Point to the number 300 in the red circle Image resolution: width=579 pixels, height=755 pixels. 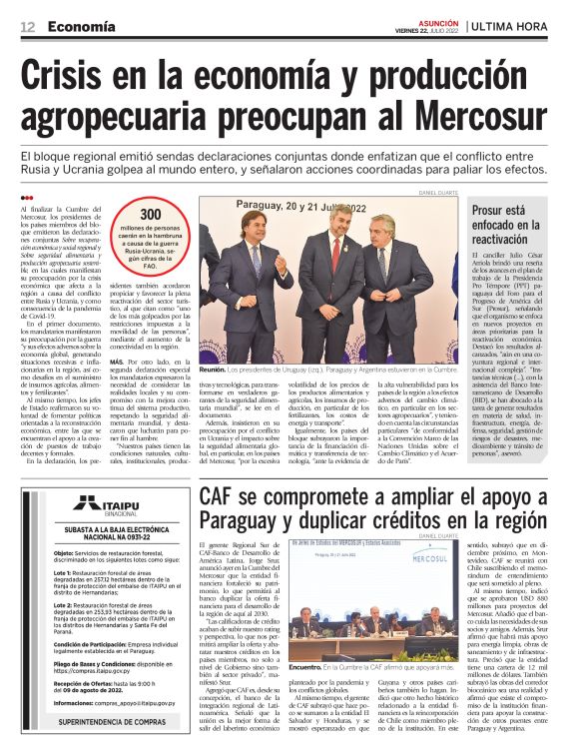click(x=150, y=216)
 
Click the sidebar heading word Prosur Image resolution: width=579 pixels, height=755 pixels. click(x=494, y=212)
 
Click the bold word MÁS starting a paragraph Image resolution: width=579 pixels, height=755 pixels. click(x=117, y=361)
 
